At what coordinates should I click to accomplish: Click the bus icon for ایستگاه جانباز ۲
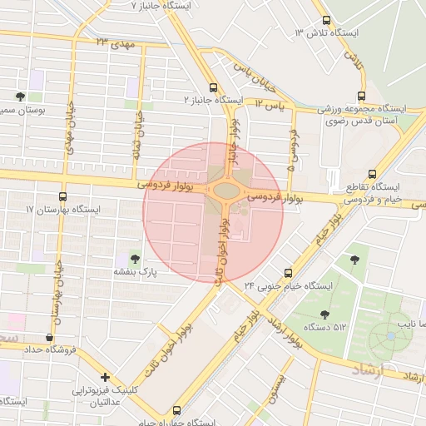tap(214, 87)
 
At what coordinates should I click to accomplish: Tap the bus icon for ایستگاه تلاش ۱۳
tap(326, 21)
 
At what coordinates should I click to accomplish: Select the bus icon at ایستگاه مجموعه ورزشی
tap(360, 97)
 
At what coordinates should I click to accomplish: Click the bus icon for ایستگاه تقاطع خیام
tap(371, 175)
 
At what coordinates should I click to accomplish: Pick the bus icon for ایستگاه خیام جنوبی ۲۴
tap(289, 272)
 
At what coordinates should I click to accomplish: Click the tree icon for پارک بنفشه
tap(136, 259)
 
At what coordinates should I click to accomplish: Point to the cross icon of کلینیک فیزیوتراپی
tap(104, 377)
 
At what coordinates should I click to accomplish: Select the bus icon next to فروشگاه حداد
tap(51, 338)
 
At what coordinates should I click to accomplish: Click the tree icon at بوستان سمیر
tap(20, 97)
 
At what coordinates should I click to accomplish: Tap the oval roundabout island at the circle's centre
tap(225, 191)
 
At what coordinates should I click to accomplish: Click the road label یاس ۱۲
tap(270, 106)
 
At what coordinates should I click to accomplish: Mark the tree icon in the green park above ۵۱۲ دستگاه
tap(355, 259)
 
